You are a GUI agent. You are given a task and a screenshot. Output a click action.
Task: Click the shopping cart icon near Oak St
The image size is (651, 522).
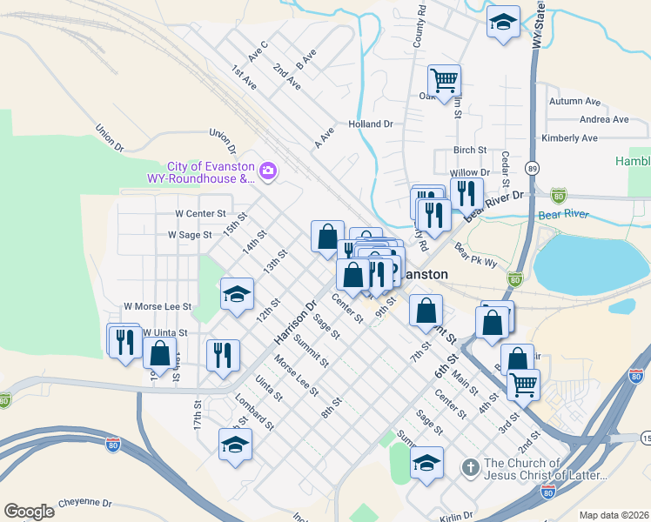[x=444, y=81]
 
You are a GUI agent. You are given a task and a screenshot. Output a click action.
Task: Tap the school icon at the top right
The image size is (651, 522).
[x=502, y=23]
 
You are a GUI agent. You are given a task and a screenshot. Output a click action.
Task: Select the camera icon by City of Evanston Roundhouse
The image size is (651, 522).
[x=268, y=171]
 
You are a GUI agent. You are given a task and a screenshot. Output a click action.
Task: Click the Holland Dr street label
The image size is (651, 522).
[x=371, y=124]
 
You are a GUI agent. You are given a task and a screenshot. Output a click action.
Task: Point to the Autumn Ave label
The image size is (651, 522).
[x=574, y=102]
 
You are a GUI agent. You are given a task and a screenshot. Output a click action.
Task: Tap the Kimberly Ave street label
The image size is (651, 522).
[x=569, y=138]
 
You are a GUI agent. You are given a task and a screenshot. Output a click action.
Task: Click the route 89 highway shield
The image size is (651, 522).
[x=533, y=167]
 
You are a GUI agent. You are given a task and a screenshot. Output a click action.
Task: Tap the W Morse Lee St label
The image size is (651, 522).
[x=158, y=306]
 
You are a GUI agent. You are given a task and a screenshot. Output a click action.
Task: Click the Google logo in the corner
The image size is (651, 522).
[x=29, y=512]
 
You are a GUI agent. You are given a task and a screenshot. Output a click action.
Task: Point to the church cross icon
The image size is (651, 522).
[x=469, y=468]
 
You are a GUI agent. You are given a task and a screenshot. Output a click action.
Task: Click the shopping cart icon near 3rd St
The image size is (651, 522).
[x=523, y=384]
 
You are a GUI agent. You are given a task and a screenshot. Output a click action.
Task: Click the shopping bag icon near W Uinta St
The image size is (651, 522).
[x=160, y=353]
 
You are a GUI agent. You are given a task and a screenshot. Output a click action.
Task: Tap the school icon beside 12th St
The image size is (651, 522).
[x=237, y=295]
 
